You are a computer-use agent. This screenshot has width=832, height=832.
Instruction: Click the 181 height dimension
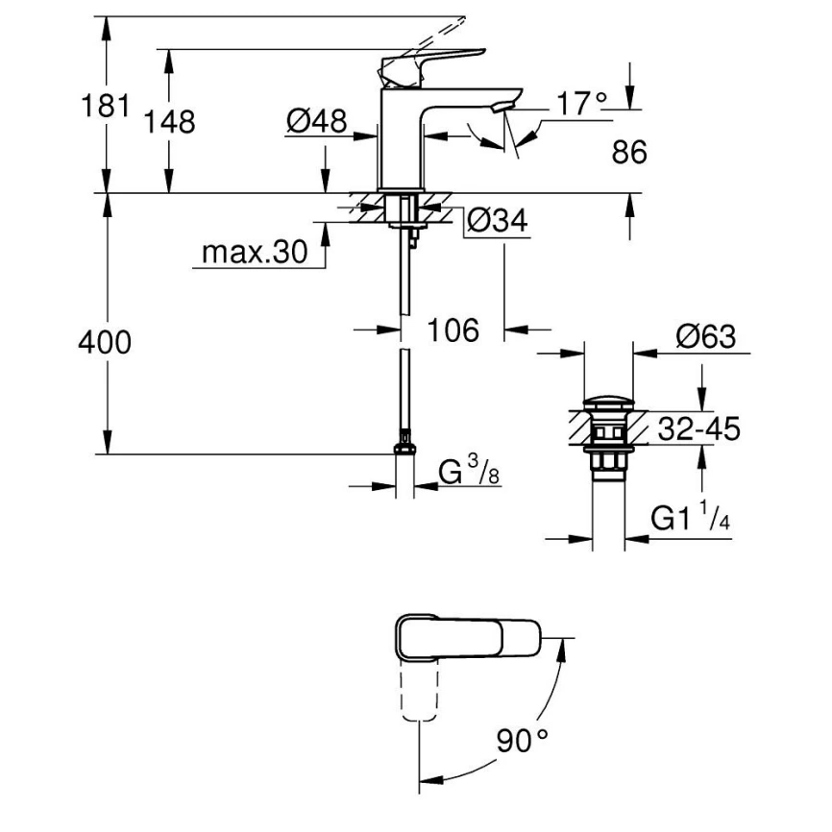106,106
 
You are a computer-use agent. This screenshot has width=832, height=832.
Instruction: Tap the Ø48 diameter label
316,121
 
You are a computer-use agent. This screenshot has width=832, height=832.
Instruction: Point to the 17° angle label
582,103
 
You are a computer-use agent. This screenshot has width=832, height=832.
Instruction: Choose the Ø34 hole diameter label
497,222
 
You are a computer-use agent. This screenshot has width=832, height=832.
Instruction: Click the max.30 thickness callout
254,253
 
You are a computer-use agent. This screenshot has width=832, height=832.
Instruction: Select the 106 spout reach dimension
453,330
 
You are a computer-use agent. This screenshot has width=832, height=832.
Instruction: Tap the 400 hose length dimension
106,343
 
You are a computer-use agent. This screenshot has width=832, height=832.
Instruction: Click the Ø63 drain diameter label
704,337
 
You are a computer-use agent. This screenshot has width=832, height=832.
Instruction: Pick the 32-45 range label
699,428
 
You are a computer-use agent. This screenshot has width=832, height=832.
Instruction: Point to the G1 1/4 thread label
689,519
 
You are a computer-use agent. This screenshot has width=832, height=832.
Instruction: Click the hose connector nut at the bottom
405,448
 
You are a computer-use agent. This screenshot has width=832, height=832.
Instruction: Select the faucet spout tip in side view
503,102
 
